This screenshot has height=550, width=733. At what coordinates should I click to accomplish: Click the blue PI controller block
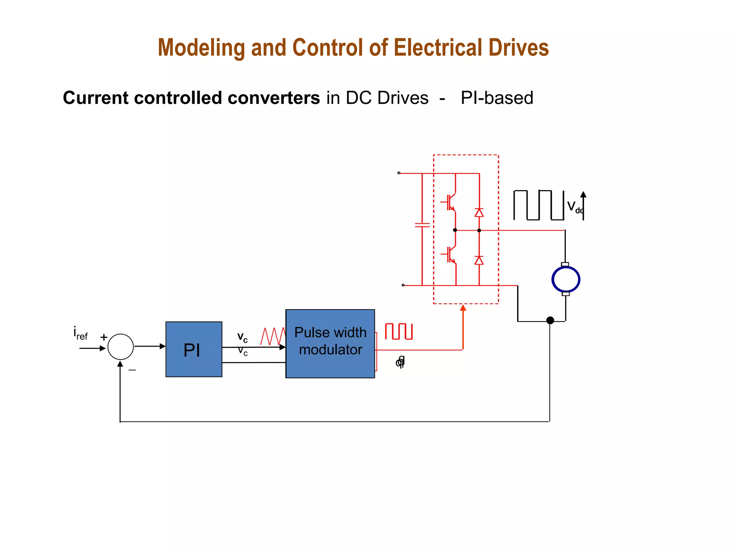194,349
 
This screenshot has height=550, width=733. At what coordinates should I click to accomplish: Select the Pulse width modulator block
330,343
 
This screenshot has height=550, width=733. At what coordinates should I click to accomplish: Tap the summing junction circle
121,347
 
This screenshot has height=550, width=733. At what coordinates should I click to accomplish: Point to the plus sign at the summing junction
104,337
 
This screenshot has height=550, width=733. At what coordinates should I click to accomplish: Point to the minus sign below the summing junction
132,370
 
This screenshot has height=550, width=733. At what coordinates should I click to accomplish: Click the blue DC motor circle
565,279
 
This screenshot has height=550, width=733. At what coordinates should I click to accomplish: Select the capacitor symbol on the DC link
422,225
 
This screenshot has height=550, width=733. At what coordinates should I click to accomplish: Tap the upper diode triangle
479,213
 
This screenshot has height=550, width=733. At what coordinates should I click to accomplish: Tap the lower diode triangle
479,260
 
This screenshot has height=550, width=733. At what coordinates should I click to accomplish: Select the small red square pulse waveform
399,331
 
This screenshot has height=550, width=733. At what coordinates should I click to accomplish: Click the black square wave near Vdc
539,205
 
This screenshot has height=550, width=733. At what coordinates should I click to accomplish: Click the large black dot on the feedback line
550,320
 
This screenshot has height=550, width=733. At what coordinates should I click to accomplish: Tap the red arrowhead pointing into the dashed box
463,308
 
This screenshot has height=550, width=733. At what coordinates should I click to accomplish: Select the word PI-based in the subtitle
497,98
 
